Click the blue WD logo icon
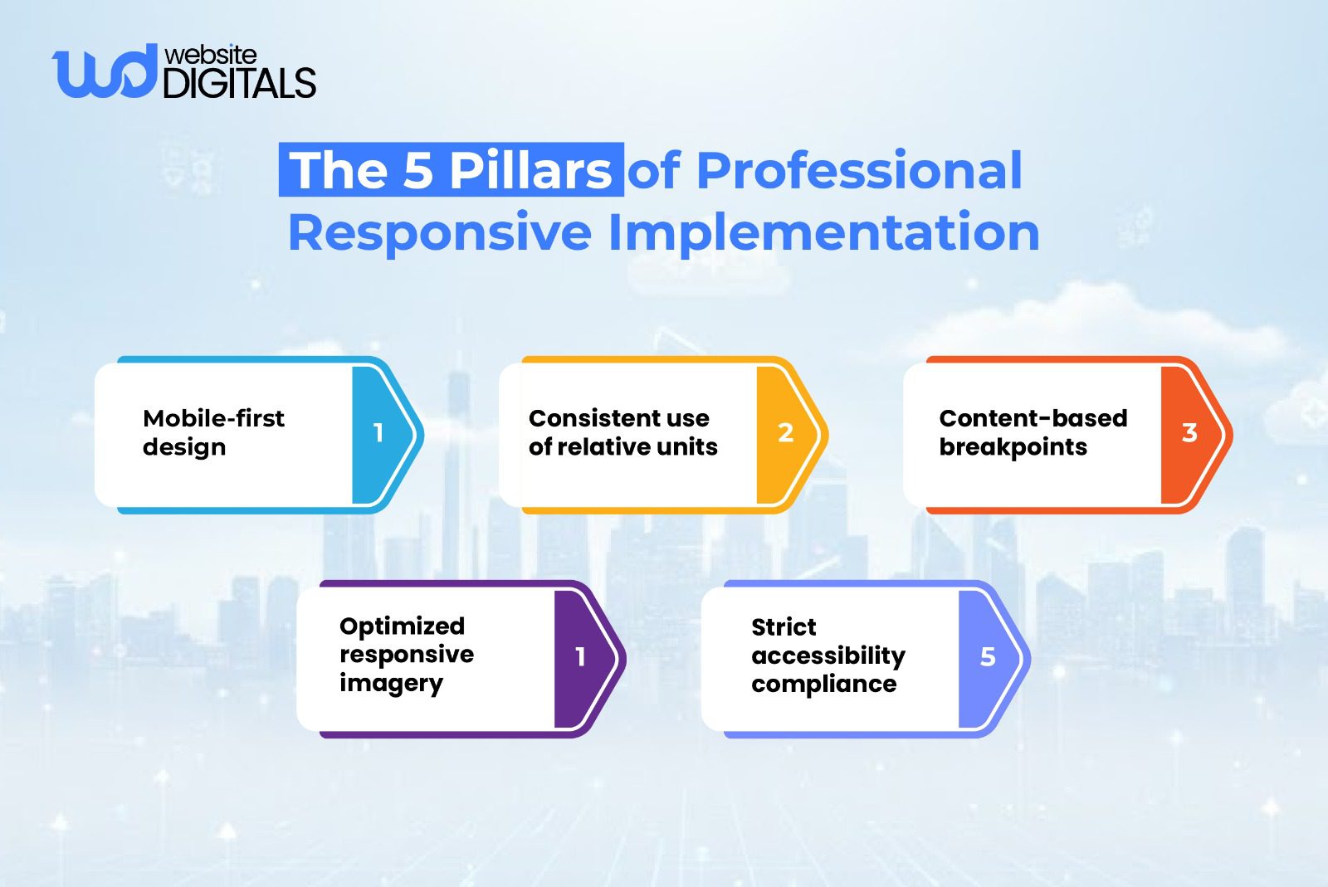point(103,72)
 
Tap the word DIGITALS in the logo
point(239,84)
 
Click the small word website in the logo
point(211,55)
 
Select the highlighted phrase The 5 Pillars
point(451,170)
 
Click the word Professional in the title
point(858,170)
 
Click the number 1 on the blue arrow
point(378,432)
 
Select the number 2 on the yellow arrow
point(785,432)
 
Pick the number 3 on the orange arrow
point(1189,432)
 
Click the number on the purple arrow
point(580,656)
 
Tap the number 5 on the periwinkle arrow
point(987,656)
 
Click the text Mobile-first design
point(213,432)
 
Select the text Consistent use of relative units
point(622,432)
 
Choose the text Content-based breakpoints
point(1033,432)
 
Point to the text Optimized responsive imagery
point(406,654)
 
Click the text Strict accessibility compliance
point(828,655)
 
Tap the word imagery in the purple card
point(391,684)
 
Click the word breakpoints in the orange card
point(1013,447)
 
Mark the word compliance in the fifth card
point(823,684)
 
